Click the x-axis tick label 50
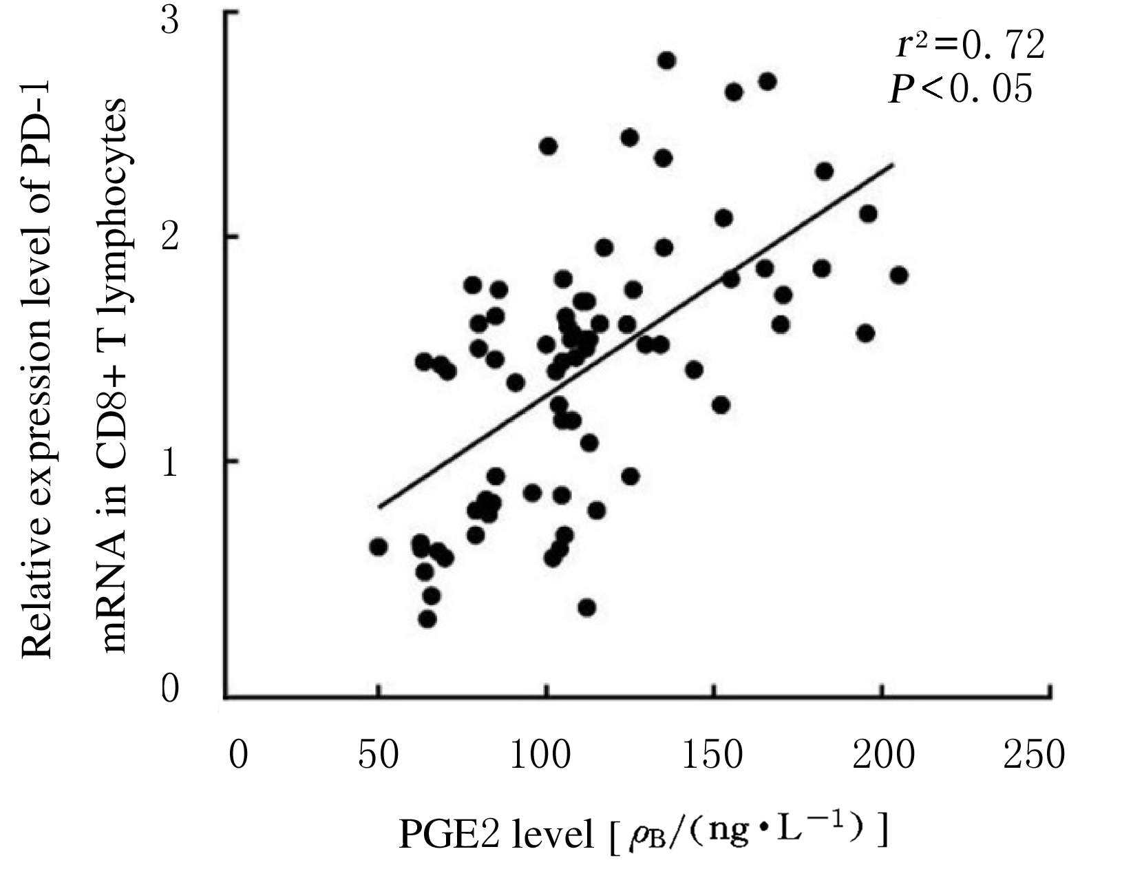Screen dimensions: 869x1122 click(x=379, y=755)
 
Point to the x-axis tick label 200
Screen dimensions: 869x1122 click(x=883, y=755)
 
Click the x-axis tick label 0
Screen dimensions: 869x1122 click(x=238, y=755)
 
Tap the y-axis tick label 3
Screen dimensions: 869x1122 click(x=170, y=21)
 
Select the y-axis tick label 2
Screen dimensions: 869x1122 click(x=170, y=238)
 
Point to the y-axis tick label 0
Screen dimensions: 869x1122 click(x=170, y=689)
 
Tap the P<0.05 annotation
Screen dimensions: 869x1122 click(x=961, y=89)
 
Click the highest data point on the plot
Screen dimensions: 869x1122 click(x=666, y=61)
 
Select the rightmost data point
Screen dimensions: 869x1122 click(x=898, y=275)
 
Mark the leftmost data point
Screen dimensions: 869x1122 click(x=379, y=547)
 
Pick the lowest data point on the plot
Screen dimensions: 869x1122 click(x=427, y=619)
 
